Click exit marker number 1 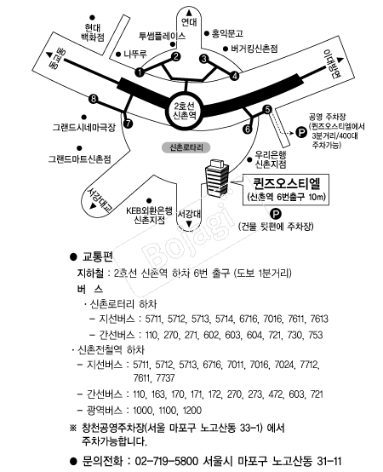pyautogui.click(x=140, y=72)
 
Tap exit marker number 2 pyautogui.click(x=176, y=56)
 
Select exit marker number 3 pyautogui.click(x=204, y=59)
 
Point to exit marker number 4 pyautogui.click(x=235, y=76)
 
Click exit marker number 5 pyautogui.click(x=268, y=110)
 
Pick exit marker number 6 pyautogui.click(x=248, y=129)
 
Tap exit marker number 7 pyautogui.click(x=128, y=124)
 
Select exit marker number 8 pyautogui.click(x=94, y=99)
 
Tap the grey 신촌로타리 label pyautogui.click(x=186, y=147)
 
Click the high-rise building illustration pyautogui.click(x=217, y=178)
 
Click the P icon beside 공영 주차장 pyautogui.click(x=301, y=132)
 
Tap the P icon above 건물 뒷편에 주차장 pyautogui.click(x=276, y=215)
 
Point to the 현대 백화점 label pyautogui.click(x=93, y=32)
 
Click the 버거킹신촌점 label pyautogui.click(x=254, y=49)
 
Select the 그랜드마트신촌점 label pyautogui.click(x=80, y=158)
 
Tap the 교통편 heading pyautogui.click(x=97, y=256)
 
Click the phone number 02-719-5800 pyautogui.click(x=167, y=461)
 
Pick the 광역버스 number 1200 pyautogui.click(x=192, y=411)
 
